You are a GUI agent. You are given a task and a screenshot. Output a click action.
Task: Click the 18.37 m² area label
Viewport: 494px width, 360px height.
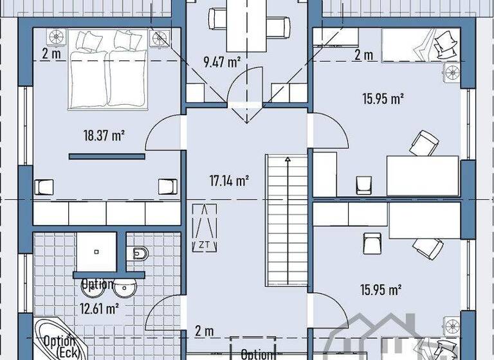coord(104,135)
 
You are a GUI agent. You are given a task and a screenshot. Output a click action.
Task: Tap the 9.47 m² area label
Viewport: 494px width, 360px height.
coord(222,62)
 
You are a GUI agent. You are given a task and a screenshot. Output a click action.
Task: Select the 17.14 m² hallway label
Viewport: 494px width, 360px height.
coord(230,181)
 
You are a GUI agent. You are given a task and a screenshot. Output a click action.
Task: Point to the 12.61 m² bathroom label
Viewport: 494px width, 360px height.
coord(98,308)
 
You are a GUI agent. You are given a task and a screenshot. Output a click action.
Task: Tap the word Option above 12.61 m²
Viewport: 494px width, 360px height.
coord(97,283)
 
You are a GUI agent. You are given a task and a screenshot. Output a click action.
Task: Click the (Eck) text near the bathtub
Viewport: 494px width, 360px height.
coord(67,353)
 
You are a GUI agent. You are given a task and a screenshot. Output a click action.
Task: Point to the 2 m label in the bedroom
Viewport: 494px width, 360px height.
coord(51,54)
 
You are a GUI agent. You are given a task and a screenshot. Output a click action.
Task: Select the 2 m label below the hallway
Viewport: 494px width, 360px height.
coord(204,332)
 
